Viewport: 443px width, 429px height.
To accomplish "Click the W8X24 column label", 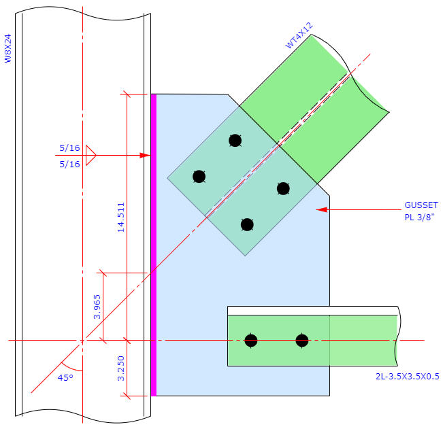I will click(x=9, y=49).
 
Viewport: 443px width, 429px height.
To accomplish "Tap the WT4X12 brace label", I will click(x=299, y=36).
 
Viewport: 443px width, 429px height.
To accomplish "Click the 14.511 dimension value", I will click(x=121, y=216).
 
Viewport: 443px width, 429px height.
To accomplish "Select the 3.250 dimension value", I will click(x=121, y=367).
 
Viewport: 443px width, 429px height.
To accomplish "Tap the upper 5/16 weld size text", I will click(x=69, y=148).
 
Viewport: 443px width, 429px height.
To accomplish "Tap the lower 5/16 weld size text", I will click(x=69, y=164).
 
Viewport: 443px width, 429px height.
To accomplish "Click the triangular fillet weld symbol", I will click(x=91, y=156).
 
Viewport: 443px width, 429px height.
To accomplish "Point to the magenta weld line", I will click(x=153, y=245).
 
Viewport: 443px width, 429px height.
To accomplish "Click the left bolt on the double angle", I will click(x=251, y=340).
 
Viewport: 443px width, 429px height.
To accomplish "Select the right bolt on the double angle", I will click(x=302, y=340).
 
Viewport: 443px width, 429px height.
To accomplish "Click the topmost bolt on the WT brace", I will click(x=235, y=141).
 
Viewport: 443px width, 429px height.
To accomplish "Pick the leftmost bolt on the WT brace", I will click(x=199, y=177).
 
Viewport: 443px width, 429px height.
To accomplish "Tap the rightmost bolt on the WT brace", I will click(x=283, y=188).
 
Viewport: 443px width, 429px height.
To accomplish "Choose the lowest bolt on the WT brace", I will click(x=247, y=224).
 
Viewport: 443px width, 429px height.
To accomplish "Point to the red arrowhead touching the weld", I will click(x=144, y=156).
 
